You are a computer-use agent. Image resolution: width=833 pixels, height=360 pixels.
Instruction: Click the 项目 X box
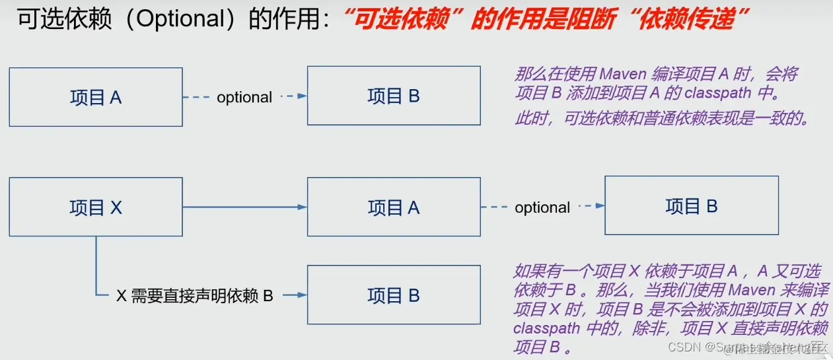[96, 207]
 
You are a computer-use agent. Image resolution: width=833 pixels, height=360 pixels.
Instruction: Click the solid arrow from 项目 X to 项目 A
[244, 207]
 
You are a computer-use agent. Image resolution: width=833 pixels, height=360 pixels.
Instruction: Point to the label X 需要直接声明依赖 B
[195, 296]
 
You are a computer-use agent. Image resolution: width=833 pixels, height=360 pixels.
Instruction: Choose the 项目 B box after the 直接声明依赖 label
[394, 295]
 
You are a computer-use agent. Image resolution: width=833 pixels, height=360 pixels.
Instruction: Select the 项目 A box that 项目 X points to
[394, 207]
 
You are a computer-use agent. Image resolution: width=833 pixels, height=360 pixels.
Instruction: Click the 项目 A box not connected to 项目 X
[96, 97]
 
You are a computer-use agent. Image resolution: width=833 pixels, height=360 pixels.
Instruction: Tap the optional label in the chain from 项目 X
[542, 207]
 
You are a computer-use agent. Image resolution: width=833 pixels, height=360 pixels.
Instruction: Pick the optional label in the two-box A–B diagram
[244, 97]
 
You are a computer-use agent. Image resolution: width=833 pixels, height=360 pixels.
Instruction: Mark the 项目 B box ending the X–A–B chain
[692, 205]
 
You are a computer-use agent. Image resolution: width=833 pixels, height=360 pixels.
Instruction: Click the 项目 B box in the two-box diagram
[394, 96]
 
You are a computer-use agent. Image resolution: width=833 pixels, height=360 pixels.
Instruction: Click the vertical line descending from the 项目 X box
[96, 264]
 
